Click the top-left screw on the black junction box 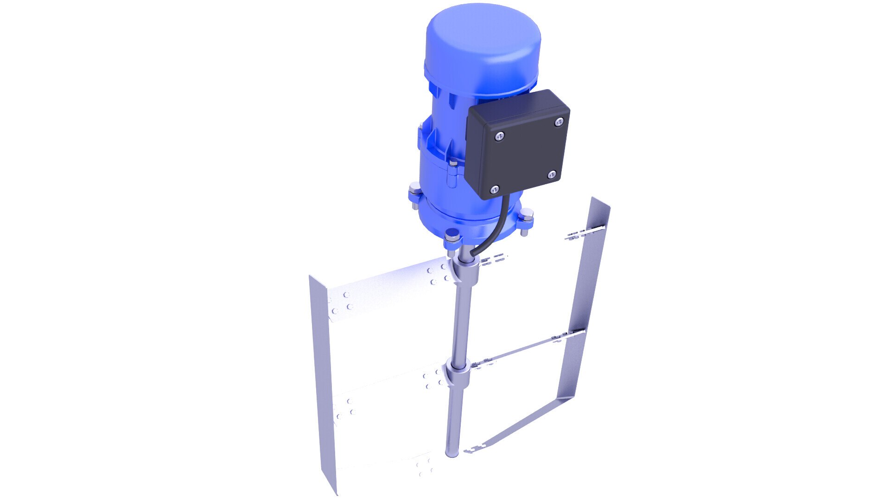[x=499, y=136]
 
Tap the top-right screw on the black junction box [x=559, y=122]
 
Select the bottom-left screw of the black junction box [x=495, y=189]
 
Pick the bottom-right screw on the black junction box [x=552, y=174]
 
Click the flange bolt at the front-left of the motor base [x=451, y=239]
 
